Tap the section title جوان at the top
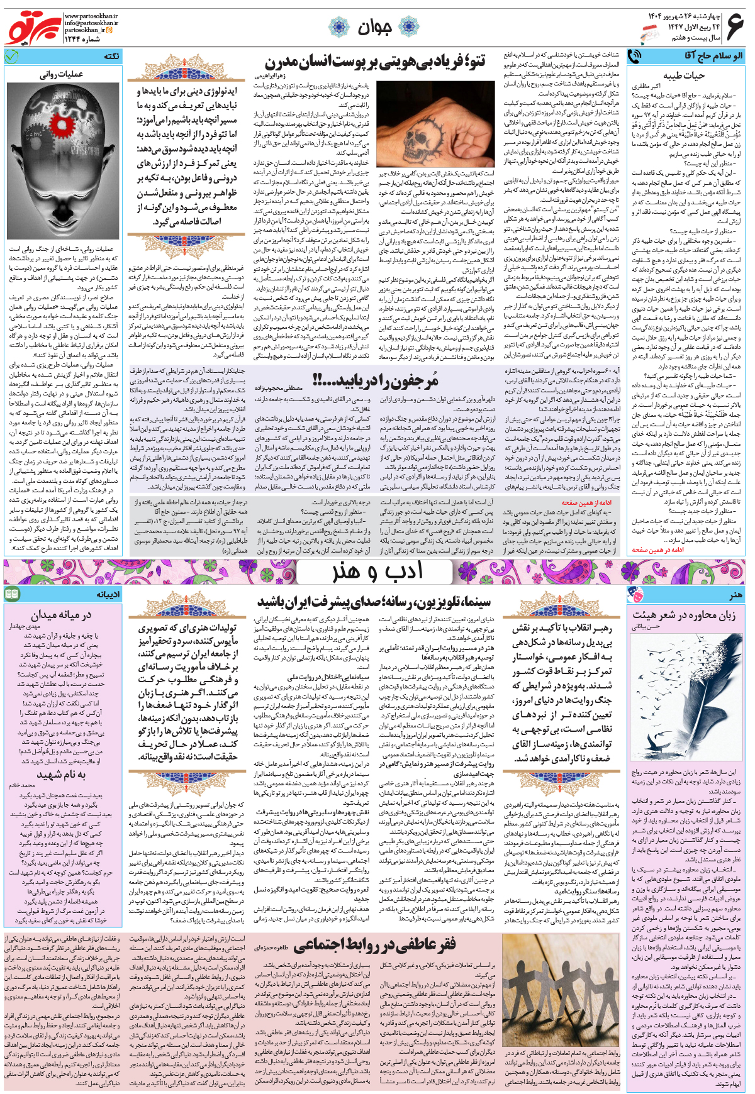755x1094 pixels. [375, 27]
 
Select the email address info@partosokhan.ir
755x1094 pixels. [91, 23]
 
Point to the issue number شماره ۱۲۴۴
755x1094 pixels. [82, 38]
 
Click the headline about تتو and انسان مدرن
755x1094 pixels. [375, 62]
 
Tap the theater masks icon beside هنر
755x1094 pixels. [635, 594]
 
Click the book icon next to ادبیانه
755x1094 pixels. [12, 594]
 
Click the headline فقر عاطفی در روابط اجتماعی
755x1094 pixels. [375, 944]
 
